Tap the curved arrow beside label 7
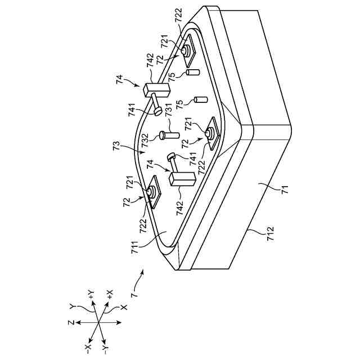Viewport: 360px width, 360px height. [x=139, y=276]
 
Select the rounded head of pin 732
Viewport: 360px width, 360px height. [x=163, y=135]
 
